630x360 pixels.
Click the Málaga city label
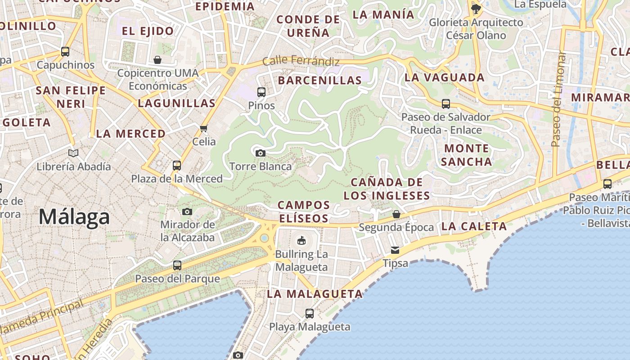coord(74,217)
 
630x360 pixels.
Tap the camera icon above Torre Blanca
coord(260,153)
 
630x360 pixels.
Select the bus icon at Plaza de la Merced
coord(177,165)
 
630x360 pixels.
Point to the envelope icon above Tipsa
coord(395,250)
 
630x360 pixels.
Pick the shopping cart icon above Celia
coord(204,129)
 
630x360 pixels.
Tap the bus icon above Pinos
coord(261,92)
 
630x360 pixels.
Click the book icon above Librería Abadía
coord(73,153)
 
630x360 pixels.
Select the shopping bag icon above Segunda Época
coord(396,214)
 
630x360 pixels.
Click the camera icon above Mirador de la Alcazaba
coord(187,211)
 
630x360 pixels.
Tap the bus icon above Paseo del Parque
coord(177,265)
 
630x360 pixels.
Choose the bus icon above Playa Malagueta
coord(310,313)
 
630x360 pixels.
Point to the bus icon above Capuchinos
coord(65,51)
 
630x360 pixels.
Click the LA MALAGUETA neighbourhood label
coord(315,294)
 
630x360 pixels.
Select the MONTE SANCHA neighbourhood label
coord(466,155)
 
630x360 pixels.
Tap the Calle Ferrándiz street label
coord(301,60)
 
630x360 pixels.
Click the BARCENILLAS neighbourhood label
coord(320,81)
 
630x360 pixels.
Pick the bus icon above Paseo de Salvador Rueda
coord(445,104)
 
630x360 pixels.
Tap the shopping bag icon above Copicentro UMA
coord(157,59)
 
